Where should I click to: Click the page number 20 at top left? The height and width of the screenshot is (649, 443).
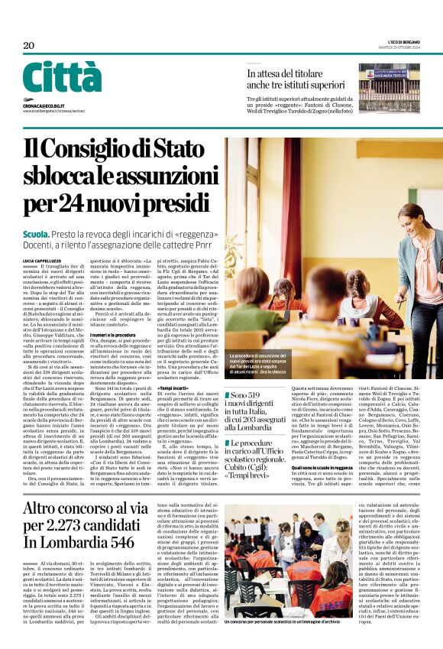29,46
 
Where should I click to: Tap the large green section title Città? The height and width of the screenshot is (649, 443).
62,77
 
